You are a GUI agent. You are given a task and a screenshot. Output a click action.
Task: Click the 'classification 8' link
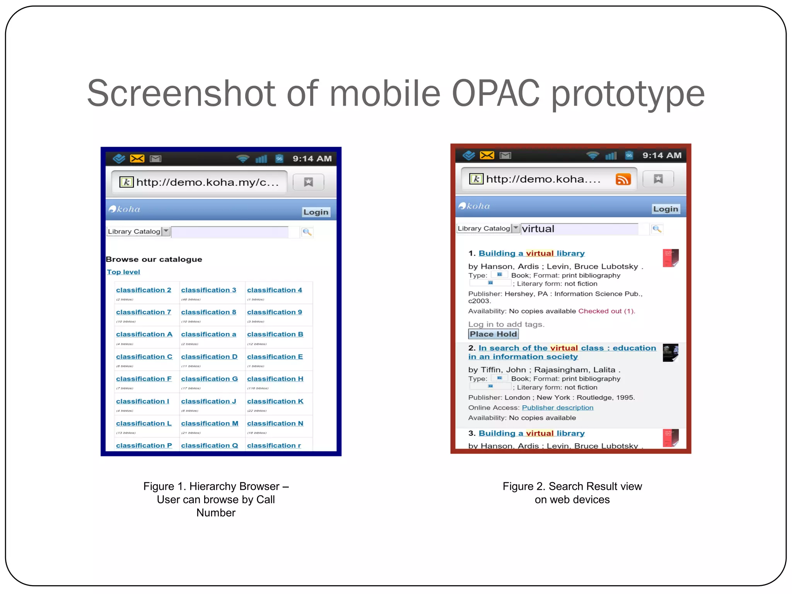(x=208, y=312)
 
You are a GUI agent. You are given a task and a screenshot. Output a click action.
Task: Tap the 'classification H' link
(x=275, y=379)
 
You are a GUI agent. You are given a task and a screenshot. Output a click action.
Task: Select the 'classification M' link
(x=210, y=423)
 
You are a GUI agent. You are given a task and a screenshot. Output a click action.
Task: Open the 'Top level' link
(x=123, y=272)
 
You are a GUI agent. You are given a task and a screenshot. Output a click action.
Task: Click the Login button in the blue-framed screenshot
(x=316, y=212)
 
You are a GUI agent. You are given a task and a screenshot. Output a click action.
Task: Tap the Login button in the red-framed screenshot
(x=665, y=209)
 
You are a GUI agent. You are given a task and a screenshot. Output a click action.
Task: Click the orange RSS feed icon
(x=623, y=179)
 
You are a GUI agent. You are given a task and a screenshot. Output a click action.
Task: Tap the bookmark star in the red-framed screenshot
(x=658, y=179)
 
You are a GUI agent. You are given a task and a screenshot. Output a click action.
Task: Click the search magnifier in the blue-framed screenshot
(x=307, y=232)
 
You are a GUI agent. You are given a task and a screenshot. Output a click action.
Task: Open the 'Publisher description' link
(x=557, y=408)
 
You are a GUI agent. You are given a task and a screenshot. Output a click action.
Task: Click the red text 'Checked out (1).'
(x=606, y=311)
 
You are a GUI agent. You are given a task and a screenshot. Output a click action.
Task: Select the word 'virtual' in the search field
(x=538, y=229)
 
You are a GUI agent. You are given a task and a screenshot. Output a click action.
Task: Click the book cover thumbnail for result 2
(x=670, y=353)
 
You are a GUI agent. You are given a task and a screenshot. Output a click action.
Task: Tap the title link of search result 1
(x=531, y=253)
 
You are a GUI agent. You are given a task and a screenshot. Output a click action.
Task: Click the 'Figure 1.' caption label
(x=164, y=486)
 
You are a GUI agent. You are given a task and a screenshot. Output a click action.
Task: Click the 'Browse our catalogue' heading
(x=154, y=259)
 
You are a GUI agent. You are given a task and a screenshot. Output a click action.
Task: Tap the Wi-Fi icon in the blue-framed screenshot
(x=243, y=159)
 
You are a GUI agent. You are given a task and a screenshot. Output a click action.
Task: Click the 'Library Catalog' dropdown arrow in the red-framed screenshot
(x=515, y=228)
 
